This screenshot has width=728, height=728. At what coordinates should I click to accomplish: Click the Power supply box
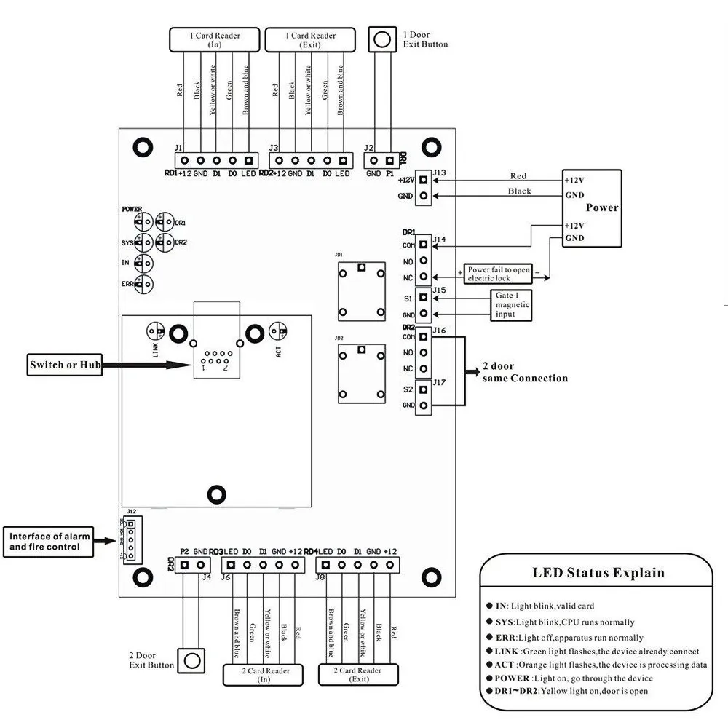tap(592, 208)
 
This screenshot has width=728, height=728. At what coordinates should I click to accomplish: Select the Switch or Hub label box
tap(64, 365)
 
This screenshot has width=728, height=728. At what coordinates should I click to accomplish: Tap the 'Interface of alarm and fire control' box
tap(50, 542)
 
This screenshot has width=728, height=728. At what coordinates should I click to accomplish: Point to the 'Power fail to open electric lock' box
tap(499, 274)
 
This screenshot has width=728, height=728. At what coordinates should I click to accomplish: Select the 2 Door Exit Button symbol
tap(191, 661)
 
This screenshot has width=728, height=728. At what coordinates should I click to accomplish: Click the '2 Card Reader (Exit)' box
tap(360, 675)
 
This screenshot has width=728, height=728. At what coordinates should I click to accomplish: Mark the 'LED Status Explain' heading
tap(598, 573)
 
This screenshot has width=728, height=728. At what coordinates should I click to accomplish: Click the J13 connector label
tap(438, 173)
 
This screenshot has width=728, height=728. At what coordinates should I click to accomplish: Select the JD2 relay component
tap(360, 373)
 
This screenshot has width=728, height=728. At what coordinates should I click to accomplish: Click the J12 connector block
tap(131, 539)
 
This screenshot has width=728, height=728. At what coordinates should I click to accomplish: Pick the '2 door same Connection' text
tap(524, 373)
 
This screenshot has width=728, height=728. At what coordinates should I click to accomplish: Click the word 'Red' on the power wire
tap(518, 175)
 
